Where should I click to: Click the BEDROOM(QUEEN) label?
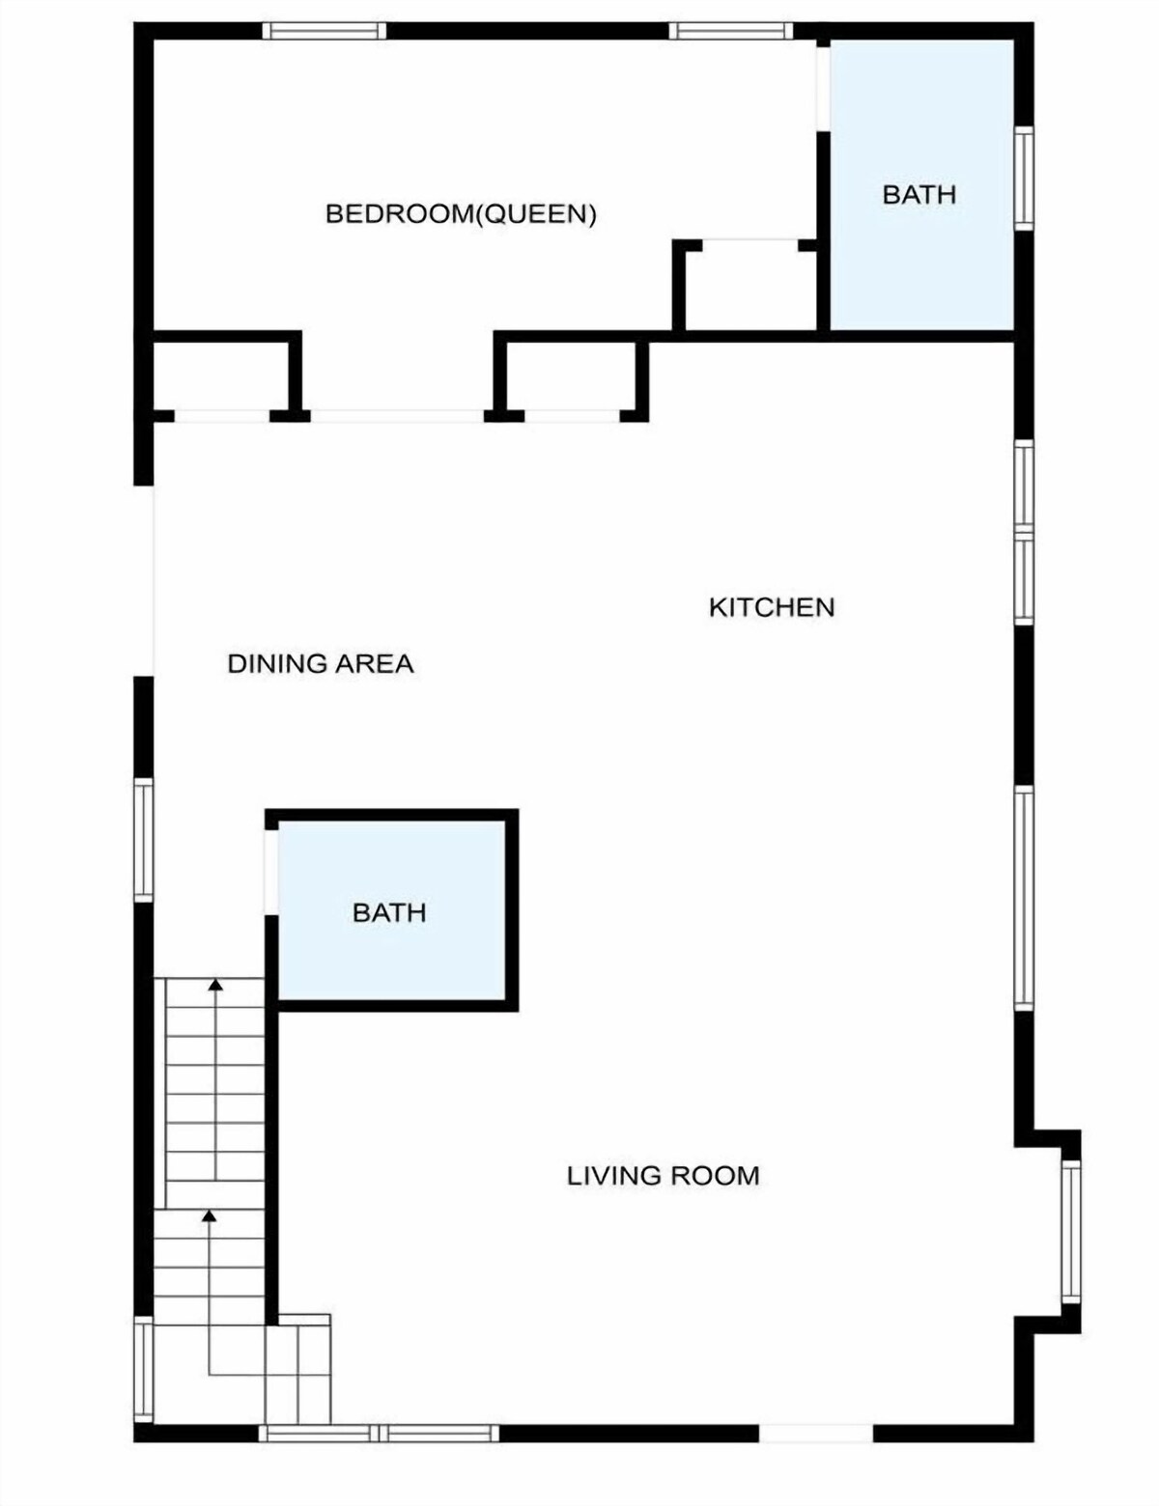(461, 213)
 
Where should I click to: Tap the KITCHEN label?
(772, 607)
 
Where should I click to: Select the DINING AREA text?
(321, 663)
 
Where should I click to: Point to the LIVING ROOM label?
(664, 1176)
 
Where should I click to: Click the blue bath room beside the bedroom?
(922, 185)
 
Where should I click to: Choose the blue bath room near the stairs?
(392, 910)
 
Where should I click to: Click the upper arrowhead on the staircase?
(216, 984)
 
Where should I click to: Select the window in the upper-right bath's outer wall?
(1024, 179)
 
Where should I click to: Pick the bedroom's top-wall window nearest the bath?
(731, 31)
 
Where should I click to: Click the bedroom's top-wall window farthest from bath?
(325, 31)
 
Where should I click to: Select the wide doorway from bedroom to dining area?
(397, 416)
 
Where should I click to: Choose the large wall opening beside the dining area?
(144, 580)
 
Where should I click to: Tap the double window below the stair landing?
(380, 1434)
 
